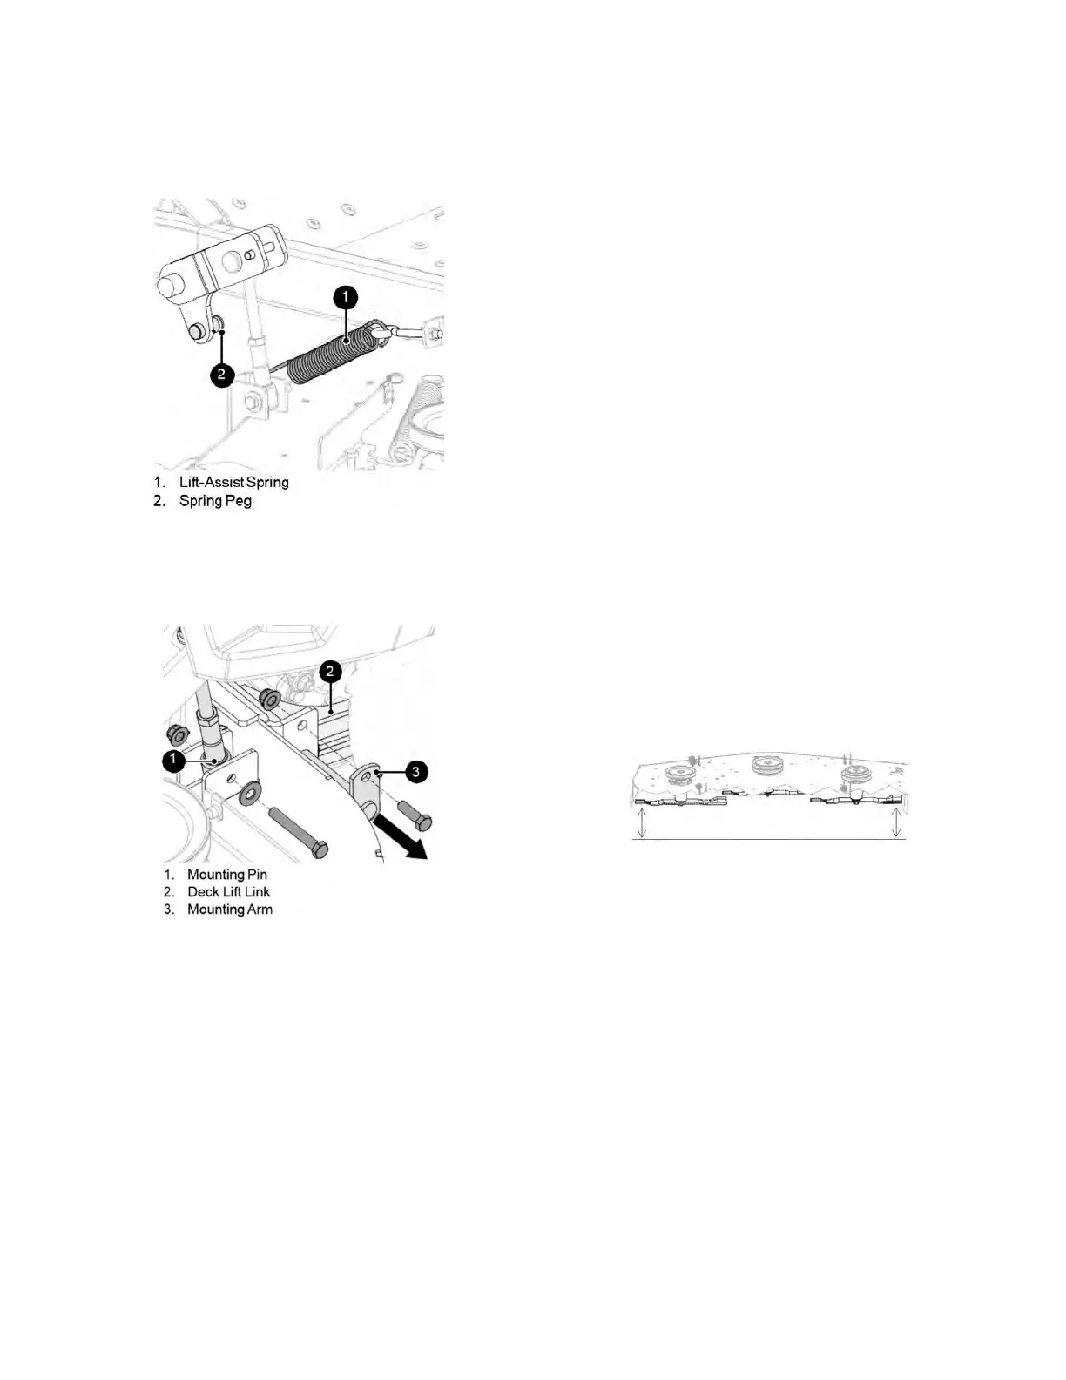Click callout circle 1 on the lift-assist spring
click(x=346, y=298)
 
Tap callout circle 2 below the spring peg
click(x=221, y=375)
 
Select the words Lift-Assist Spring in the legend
click(x=233, y=482)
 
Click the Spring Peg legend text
click(x=215, y=501)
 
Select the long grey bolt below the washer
click(x=297, y=830)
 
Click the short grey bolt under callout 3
click(x=415, y=813)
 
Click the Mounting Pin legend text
click(x=227, y=875)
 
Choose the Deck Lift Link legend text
click(x=229, y=892)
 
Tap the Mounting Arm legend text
click(x=230, y=910)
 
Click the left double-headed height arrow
click(x=642, y=822)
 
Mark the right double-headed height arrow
click(x=897, y=822)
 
